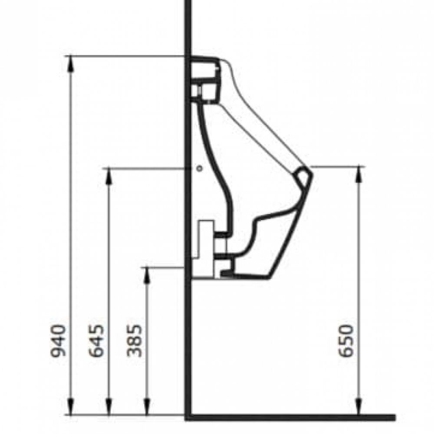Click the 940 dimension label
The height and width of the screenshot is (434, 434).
click(x=59, y=341)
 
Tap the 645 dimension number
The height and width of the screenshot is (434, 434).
click(x=96, y=341)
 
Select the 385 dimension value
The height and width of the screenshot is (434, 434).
click(x=134, y=341)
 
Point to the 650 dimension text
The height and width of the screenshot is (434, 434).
click(x=346, y=341)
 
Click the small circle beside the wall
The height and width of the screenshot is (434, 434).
click(x=199, y=168)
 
